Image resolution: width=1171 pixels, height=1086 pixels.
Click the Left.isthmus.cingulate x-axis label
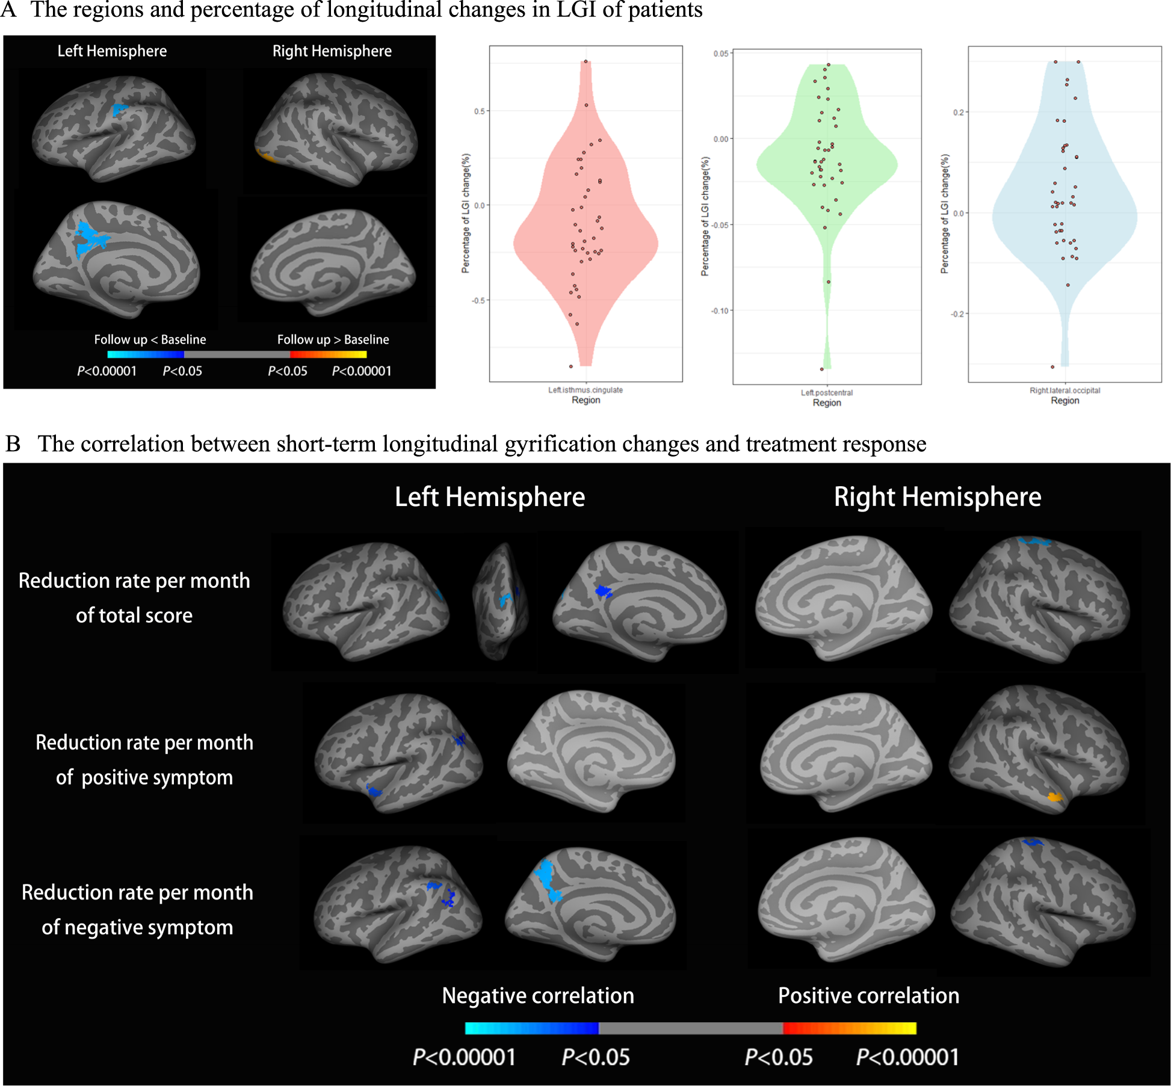coord(585,390)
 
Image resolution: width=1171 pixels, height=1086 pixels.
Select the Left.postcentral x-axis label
coord(826,392)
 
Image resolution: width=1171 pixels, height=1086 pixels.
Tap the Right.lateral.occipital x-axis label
coord(1064,390)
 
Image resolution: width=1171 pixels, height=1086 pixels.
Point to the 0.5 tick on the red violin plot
coord(479,111)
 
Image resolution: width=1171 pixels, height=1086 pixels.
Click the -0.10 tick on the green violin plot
coord(720,310)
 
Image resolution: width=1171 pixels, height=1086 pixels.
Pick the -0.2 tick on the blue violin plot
coord(957,314)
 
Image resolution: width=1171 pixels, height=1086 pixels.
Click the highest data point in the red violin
coord(585,61)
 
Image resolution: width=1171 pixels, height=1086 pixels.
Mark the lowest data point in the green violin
coord(822,369)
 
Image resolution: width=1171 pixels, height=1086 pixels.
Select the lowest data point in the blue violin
coord(1052,366)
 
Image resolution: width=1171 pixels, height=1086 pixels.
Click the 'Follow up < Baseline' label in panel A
coord(150,339)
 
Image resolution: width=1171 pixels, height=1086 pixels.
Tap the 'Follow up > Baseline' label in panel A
coord(333,339)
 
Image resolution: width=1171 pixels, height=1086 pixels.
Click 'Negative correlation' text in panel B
coord(537,996)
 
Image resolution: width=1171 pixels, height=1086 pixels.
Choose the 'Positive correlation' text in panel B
coord(868,996)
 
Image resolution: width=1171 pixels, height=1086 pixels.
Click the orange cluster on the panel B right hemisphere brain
coord(1054,797)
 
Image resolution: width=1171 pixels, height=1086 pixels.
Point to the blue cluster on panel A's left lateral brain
coord(120,110)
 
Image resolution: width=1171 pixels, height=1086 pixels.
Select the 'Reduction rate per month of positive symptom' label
coord(144,760)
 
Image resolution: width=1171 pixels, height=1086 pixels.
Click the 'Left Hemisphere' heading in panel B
coord(489,497)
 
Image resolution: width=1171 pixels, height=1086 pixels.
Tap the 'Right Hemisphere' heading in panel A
coord(332,51)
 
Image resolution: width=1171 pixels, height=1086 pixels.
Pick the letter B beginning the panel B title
coord(13,444)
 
